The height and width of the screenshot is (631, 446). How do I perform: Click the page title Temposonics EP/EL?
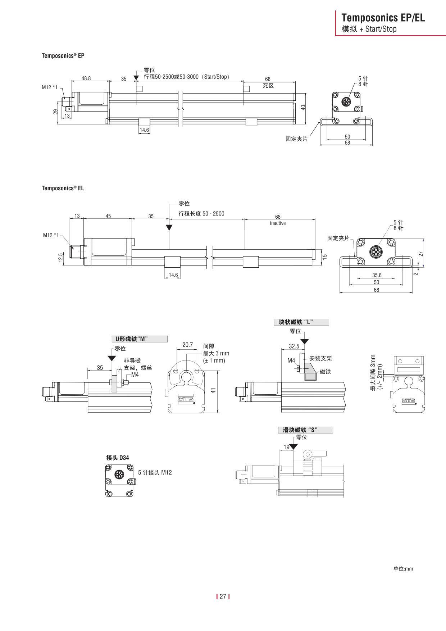pyautogui.click(x=383, y=18)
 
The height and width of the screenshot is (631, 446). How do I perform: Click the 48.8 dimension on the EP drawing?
pyautogui.click(x=86, y=78)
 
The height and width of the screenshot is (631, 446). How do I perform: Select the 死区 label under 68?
pyautogui.click(x=268, y=86)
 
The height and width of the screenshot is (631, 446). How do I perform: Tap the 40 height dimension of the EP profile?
pyautogui.click(x=303, y=107)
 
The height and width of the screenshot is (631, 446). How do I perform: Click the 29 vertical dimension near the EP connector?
pyautogui.click(x=56, y=112)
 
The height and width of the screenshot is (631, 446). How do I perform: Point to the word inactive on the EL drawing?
pyautogui.click(x=278, y=223)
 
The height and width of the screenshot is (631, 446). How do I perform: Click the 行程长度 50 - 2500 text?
pyautogui.click(x=201, y=214)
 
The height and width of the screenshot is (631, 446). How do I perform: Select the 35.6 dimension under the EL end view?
pyautogui.click(x=377, y=275)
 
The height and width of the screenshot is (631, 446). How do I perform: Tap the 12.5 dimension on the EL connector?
pyautogui.click(x=61, y=257)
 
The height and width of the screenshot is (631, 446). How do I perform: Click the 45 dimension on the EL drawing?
pyautogui.click(x=108, y=216)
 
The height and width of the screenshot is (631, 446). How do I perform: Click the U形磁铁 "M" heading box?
pyautogui.click(x=139, y=339)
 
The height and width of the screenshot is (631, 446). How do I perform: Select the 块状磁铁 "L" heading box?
pyautogui.click(x=301, y=322)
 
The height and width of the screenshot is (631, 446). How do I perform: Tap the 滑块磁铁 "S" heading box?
pyautogui.click(x=305, y=430)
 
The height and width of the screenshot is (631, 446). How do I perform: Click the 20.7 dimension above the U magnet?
pyautogui.click(x=187, y=345)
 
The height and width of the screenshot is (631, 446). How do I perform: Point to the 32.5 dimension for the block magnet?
pyautogui.click(x=294, y=346)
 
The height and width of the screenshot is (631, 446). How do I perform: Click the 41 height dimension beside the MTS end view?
pyautogui.click(x=214, y=390)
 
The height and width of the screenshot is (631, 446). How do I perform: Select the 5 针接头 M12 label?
pyautogui.click(x=155, y=472)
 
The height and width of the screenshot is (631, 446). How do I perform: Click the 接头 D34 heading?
pyautogui.click(x=118, y=458)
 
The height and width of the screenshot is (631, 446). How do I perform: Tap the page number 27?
pyautogui.click(x=223, y=596)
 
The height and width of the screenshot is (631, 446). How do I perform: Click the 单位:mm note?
pyautogui.click(x=403, y=569)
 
